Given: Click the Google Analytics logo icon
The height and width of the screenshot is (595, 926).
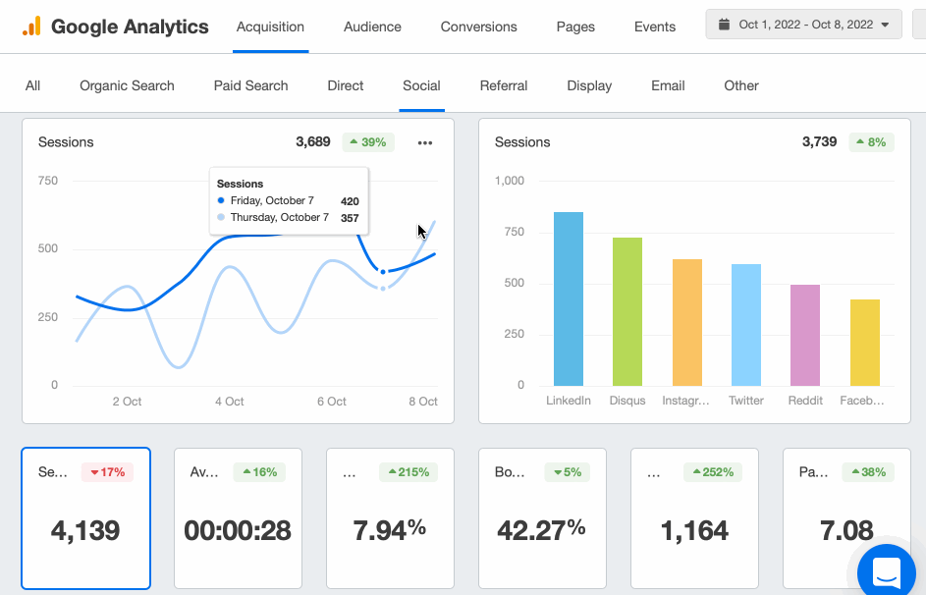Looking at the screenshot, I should (x=31, y=27).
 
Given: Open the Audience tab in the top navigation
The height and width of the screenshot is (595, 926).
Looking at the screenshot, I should (x=372, y=27).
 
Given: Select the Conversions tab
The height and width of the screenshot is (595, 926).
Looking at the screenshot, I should (x=478, y=27).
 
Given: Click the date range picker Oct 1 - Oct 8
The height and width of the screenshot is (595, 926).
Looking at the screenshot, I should (x=803, y=25).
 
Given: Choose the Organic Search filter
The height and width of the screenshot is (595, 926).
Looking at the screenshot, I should (x=127, y=85).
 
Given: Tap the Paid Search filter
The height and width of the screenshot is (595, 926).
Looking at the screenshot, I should (x=250, y=85).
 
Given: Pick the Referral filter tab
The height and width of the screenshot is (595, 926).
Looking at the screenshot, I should (x=503, y=85).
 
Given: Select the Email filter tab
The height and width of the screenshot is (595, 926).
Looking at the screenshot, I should (x=668, y=85).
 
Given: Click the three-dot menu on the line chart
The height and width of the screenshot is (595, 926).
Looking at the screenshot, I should (x=424, y=142).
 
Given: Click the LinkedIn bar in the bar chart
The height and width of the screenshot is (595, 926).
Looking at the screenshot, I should (x=569, y=299).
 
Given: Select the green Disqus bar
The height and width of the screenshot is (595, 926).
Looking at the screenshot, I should (x=627, y=311).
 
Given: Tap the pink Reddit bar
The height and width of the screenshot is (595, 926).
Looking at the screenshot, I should (x=805, y=335).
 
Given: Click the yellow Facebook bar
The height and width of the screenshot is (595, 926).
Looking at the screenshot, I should (x=864, y=343).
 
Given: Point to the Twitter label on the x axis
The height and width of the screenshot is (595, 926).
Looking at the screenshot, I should (x=746, y=401).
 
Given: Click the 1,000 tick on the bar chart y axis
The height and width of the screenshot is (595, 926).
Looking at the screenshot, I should (x=510, y=181).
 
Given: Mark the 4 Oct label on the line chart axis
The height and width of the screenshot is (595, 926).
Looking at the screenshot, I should (x=229, y=402).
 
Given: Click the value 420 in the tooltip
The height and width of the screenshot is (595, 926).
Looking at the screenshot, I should (x=350, y=201).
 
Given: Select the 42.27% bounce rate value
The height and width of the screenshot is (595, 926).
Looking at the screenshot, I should (x=541, y=530).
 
